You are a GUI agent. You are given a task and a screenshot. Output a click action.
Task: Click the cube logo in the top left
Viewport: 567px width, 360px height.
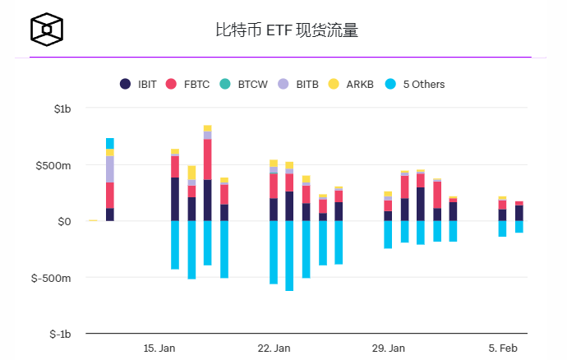tap(47, 31)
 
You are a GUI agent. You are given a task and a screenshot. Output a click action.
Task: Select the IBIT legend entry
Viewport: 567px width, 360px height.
tap(141, 84)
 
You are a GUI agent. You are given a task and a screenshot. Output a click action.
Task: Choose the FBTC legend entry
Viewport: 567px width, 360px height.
tap(188, 84)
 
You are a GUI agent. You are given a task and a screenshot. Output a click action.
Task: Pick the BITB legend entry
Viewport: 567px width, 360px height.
tap(298, 84)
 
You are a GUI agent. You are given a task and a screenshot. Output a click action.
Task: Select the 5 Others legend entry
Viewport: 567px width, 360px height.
tap(414, 84)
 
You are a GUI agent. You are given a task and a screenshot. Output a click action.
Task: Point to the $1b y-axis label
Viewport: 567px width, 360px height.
tap(62, 108)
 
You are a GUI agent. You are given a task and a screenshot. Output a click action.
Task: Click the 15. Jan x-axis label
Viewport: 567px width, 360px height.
tap(159, 348)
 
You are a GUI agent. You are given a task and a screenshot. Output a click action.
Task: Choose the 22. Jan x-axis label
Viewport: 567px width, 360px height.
tap(274, 348)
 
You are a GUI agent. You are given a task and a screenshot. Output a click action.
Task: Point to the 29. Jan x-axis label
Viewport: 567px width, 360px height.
tap(388, 348)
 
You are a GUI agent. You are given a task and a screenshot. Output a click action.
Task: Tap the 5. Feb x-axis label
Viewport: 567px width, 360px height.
tap(503, 348)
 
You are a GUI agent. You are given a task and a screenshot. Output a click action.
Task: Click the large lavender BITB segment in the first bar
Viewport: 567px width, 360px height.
tap(110, 169)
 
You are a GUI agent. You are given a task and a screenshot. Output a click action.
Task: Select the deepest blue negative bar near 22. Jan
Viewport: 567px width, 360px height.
tap(289, 256)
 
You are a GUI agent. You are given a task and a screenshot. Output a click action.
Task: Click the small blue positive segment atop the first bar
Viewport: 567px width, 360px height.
tap(110, 143)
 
